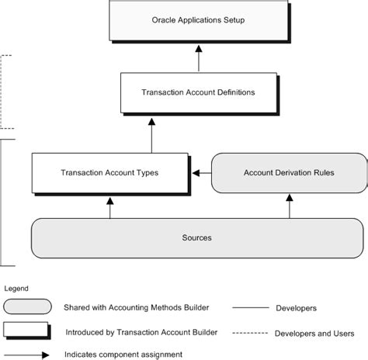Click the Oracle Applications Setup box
coord(197,20)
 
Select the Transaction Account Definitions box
coord(197,92)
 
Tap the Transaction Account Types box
coord(109,172)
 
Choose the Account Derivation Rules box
coord(289,172)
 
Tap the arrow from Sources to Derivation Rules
coord(289,206)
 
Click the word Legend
coord(16,288)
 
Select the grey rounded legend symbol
coord(27,307)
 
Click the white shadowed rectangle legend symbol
coord(28,331)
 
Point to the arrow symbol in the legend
coord(28,355)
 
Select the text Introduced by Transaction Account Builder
coord(141,332)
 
